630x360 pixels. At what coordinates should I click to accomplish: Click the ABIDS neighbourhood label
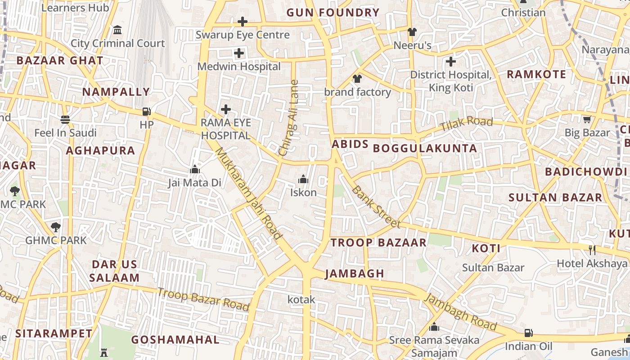[x=350, y=144]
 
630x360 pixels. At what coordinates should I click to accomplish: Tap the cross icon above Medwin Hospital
[x=239, y=54]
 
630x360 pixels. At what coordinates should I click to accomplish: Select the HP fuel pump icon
[x=146, y=111]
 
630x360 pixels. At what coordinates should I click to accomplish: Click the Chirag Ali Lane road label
[x=289, y=118]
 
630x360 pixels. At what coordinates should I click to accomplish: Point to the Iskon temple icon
[x=303, y=180]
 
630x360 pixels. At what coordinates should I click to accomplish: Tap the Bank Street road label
[x=375, y=207]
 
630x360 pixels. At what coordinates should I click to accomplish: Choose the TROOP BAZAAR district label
[x=378, y=243]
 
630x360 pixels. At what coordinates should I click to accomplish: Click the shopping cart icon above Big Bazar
[x=587, y=120]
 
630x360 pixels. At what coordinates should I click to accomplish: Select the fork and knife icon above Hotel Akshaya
[x=592, y=250]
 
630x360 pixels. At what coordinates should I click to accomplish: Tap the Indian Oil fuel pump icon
[x=528, y=333]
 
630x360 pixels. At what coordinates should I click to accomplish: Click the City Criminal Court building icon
[x=117, y=30]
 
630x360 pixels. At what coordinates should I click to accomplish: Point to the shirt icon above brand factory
[x=357, y=79]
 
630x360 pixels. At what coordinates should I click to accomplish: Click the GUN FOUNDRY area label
[x=333, y=13]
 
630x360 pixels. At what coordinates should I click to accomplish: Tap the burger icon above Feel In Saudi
[x=65, y=120]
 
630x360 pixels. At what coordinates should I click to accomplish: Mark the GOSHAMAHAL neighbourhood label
[x=175, y=340]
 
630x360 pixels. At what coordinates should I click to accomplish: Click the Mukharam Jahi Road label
[x=248, y=193]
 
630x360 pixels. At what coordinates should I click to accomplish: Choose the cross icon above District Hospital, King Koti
[x=450, y=61]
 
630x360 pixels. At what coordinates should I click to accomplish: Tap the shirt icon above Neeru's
[x=412, y=32]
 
